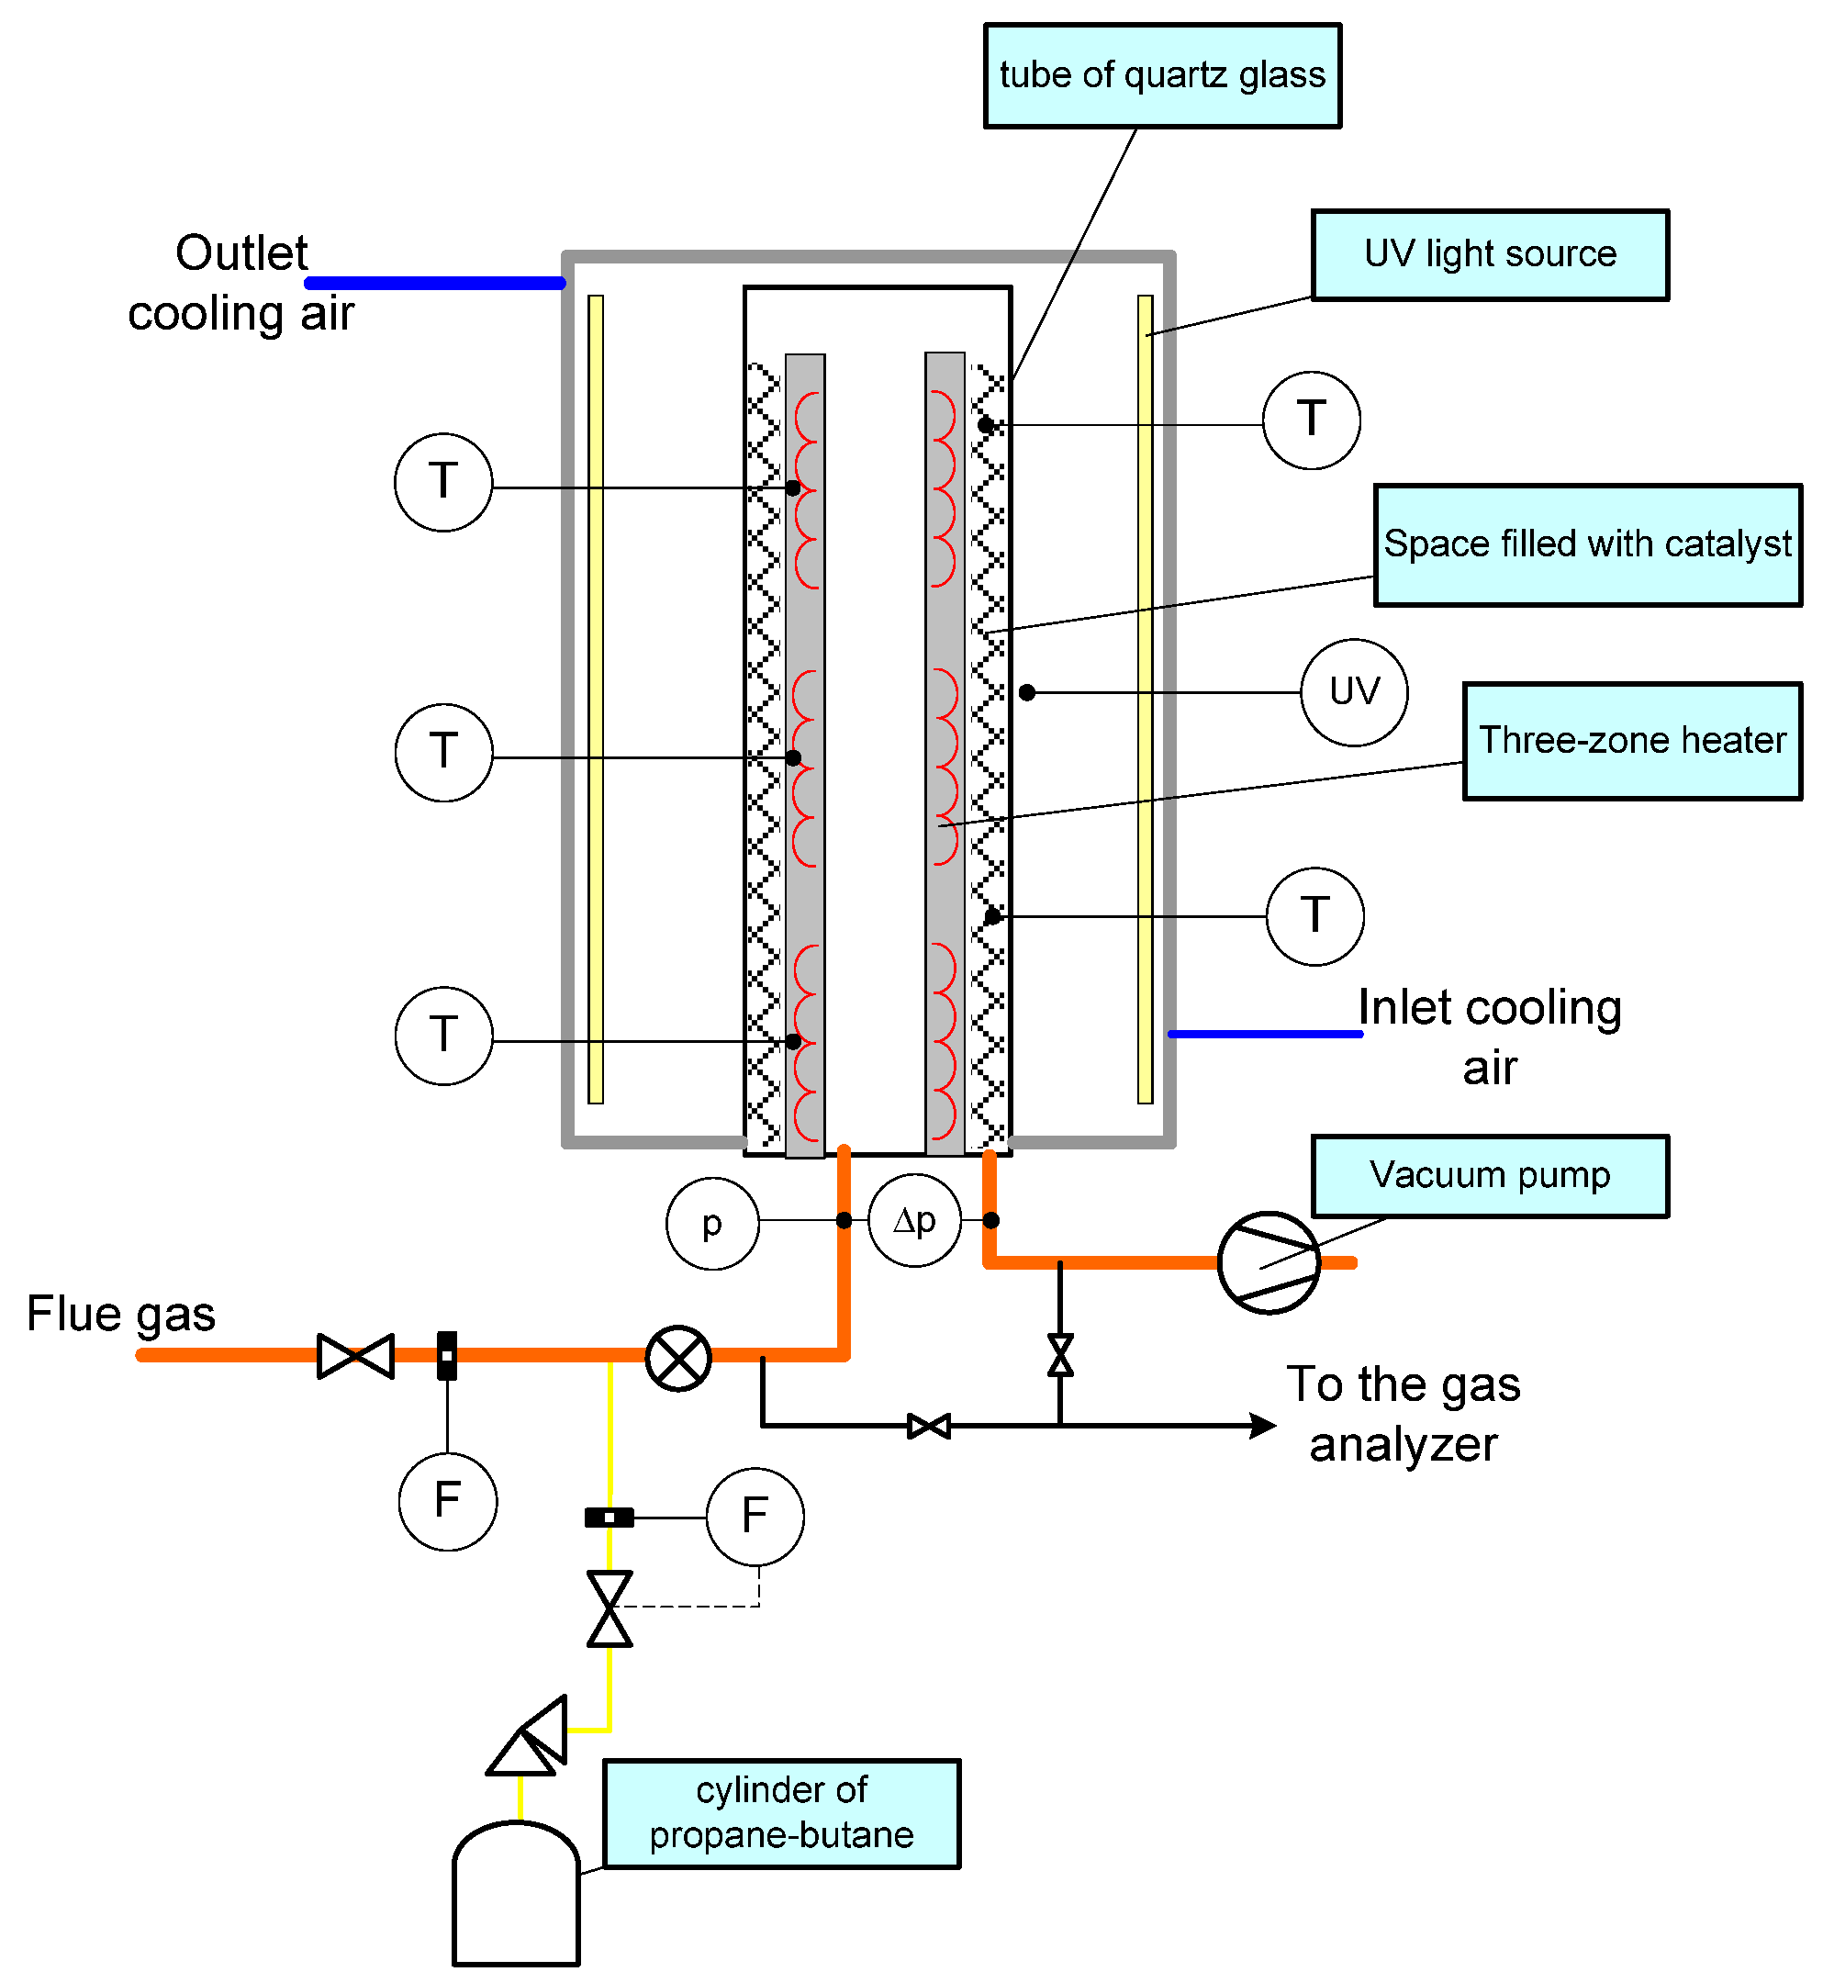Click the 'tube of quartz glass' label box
coord(1162,76)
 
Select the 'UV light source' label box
coord(1490,254)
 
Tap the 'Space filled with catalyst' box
coord(1587,544)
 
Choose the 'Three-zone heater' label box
coord(1632,741)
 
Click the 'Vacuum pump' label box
coord(1490,1176)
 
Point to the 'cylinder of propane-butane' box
coord(781,1813)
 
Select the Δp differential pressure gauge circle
coord(914,1220)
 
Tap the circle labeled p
coord(712,1224)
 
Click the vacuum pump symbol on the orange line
coord(1269,1263)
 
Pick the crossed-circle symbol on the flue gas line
coord(677,1359)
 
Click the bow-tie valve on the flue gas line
coord(355,1357)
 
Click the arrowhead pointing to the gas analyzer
coord(1263,1426)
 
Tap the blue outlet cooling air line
coord(435,283)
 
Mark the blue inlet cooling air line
coord(1266,1034)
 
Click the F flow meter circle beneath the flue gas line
coord(448,1502)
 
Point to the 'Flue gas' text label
coord(120,1314)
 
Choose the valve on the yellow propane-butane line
coord(610,1609)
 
